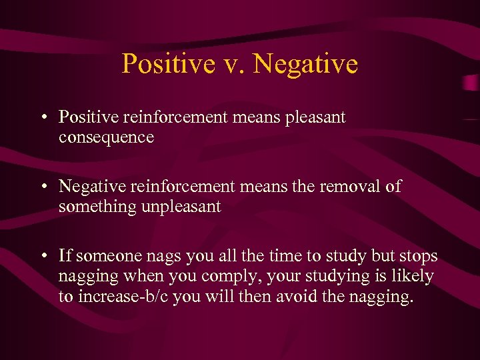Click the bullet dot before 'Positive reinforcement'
click(43, 119)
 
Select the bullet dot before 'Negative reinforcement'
click(43, 187)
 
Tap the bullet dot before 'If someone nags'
click(43, 257)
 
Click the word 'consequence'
click(106, 138)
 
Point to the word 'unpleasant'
click(180, 207)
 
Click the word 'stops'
click(417, 256)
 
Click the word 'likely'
click(415, 276)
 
